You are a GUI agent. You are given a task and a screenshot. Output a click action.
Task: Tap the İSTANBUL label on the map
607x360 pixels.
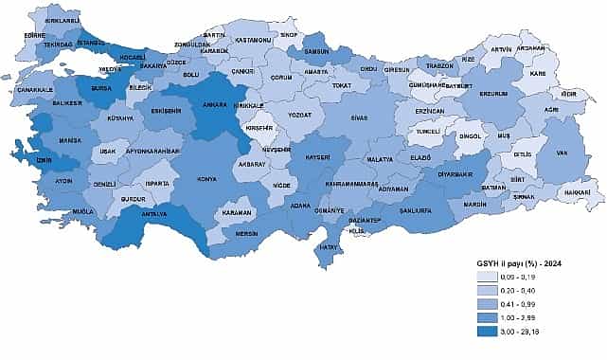[x=92, y=43]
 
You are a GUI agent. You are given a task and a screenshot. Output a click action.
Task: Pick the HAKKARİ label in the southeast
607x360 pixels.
[x=579, y=192]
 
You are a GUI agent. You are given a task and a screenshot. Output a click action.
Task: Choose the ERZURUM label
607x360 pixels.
[x=494, y=94]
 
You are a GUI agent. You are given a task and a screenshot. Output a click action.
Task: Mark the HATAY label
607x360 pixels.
[x=329, y=247]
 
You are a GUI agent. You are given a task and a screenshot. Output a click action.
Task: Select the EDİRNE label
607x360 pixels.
[x=35, y=35]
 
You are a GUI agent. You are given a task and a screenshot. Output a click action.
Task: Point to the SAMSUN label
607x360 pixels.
[x=316, y=51]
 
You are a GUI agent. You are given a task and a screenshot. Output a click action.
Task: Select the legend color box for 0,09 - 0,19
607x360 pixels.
[x=491, y=276]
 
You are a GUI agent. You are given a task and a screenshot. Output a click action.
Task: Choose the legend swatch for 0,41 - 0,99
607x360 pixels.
[x=491, y=304]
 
